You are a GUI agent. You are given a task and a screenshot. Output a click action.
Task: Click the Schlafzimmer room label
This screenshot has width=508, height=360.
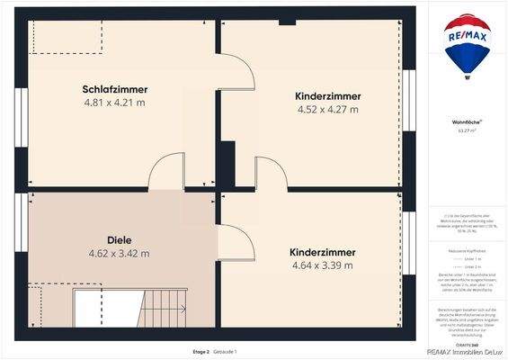click(x=114, y=89)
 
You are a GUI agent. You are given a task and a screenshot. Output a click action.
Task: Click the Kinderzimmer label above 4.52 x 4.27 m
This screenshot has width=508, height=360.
click(x=327, y=95)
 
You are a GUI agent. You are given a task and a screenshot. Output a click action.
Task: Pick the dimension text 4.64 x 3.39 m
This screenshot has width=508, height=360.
click(x=323, y=265)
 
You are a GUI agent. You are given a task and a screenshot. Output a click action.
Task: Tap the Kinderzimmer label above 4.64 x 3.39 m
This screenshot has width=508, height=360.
click(x=323, y=252)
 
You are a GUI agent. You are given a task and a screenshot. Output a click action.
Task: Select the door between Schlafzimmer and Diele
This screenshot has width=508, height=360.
click(x=168, y=173)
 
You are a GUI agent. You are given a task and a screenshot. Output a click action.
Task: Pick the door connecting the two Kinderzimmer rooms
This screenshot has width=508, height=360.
click(x=268, y=174)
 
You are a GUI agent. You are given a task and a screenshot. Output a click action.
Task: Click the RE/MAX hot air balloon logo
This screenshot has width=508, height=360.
click(x=466, y=48)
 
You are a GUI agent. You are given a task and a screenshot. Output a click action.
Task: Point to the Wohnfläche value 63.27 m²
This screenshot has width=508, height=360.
click(x=466, y=130)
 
